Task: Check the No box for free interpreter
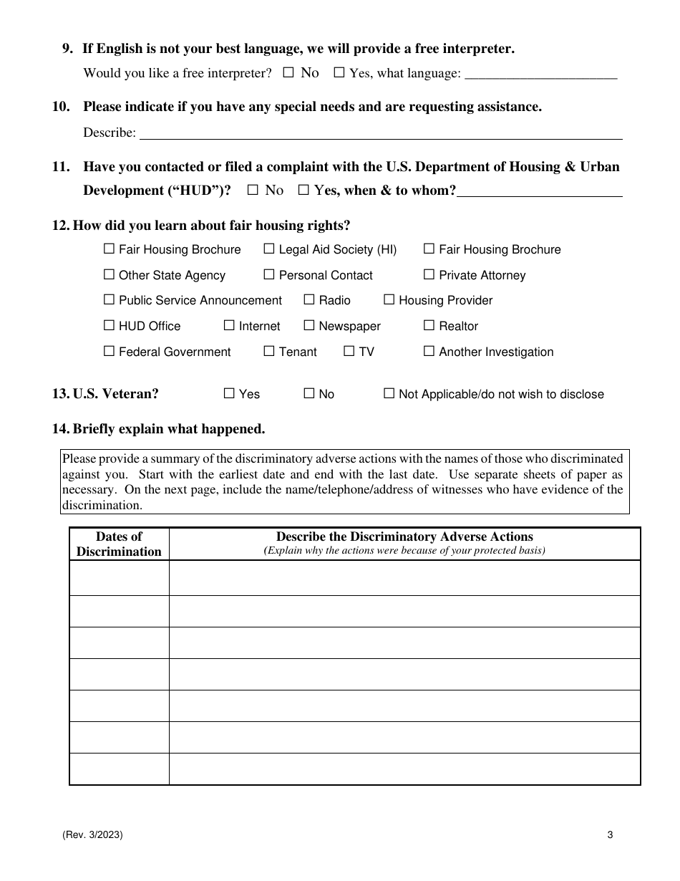point(288,72)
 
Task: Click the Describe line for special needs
point(380,133)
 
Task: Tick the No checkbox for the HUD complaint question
point(252,191)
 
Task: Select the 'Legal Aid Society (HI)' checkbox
point(269,249)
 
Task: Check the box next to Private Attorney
point(429,275)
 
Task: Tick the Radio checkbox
point(309,300)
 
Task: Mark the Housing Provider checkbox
point(389,300)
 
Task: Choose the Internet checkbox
point(229,326)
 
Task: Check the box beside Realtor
point(429,326)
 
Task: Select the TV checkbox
point(349,352)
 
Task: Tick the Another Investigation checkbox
point(429,352)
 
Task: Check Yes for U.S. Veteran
point(229,394)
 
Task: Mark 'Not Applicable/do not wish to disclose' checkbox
point(389,394)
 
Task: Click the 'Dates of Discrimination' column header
point(119,544)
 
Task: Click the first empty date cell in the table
point(119,578)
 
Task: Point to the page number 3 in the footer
point(610,834)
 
